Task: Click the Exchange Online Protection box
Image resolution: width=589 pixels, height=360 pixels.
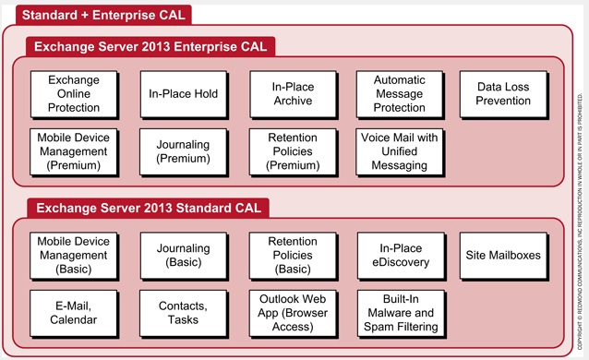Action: click(74, 93)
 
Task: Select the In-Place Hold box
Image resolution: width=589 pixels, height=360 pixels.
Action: click(183, 93)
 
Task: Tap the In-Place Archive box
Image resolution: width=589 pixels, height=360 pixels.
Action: click(292, 93)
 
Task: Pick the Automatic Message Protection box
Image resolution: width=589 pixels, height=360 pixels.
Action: click(400, 93)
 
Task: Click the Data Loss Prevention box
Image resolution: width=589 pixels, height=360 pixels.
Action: click(504, 93)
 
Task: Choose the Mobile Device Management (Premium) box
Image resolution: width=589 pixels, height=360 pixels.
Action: click(74, 151)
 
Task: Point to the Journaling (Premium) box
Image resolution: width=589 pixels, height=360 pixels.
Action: click(183, 151)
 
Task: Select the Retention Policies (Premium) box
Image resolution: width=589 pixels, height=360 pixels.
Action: click(292, 151)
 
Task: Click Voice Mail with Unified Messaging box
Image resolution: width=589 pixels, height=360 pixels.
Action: click(400, 151)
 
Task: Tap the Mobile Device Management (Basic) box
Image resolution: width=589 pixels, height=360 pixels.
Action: click(74, 255)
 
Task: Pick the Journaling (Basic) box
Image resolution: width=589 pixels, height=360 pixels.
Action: click(183, 255)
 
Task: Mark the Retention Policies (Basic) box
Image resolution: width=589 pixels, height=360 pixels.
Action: click(292, 255)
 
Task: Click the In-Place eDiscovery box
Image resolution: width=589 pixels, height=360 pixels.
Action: click(400, 255)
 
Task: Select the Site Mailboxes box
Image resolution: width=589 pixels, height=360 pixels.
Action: click(504, 255)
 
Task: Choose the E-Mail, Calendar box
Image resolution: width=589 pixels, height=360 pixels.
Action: click(74, 313)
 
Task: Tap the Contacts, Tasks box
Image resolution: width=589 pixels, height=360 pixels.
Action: click(183, 313)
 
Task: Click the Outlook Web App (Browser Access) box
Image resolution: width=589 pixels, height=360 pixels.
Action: click(292, 313)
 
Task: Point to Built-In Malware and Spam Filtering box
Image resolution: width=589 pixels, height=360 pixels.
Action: click(400, 313)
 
